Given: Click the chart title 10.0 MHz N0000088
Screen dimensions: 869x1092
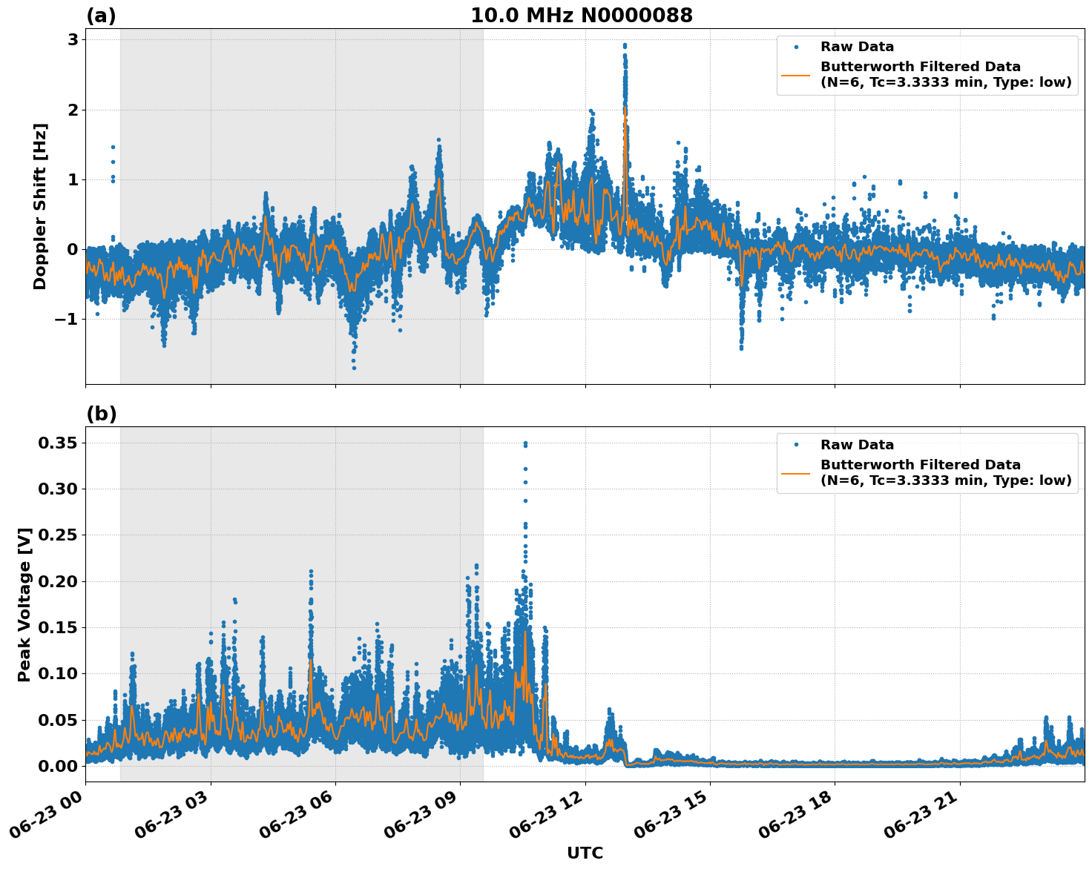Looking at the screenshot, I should coord(581,16).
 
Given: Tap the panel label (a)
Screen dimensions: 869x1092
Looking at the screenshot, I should coord(101,16).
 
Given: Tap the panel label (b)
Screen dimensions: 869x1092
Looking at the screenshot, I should coord(101,414).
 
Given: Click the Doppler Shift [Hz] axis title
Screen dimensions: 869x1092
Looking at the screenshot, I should coord(40,206).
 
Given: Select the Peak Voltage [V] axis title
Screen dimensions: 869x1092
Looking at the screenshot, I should coord(24,604).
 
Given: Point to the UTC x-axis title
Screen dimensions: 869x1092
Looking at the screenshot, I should coord(585,853).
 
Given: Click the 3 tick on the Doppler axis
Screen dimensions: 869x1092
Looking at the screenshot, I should coord(73,40).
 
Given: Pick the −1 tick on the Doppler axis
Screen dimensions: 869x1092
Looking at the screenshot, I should coord(68,319).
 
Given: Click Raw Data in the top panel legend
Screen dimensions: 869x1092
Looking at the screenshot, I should coord(857,47).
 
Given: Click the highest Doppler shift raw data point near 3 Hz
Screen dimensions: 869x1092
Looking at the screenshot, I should coord(625,45).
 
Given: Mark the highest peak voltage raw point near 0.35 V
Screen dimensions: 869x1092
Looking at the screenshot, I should coord(525,443).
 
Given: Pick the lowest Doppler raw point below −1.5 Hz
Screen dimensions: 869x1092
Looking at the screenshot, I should coord(354,368).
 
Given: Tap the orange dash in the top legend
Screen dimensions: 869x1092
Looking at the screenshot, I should coord(795,75).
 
